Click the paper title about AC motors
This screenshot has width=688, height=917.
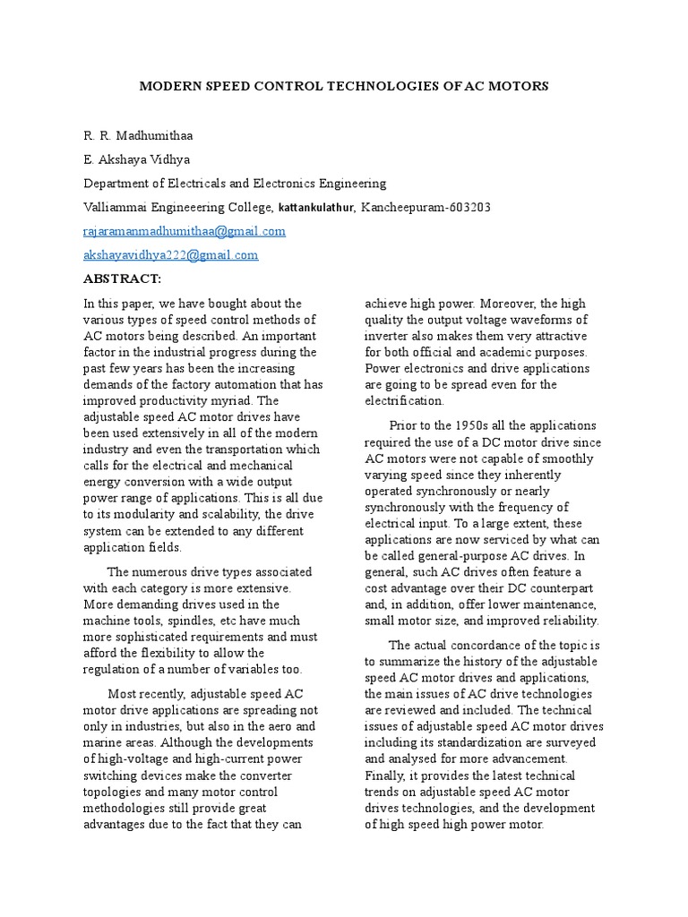343,87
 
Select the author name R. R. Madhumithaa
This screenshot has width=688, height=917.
138,136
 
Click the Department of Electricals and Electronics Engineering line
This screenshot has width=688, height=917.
235,184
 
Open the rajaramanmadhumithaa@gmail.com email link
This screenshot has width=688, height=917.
185,231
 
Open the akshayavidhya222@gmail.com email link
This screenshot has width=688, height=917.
170,255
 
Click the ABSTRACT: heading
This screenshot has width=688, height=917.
122,279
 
